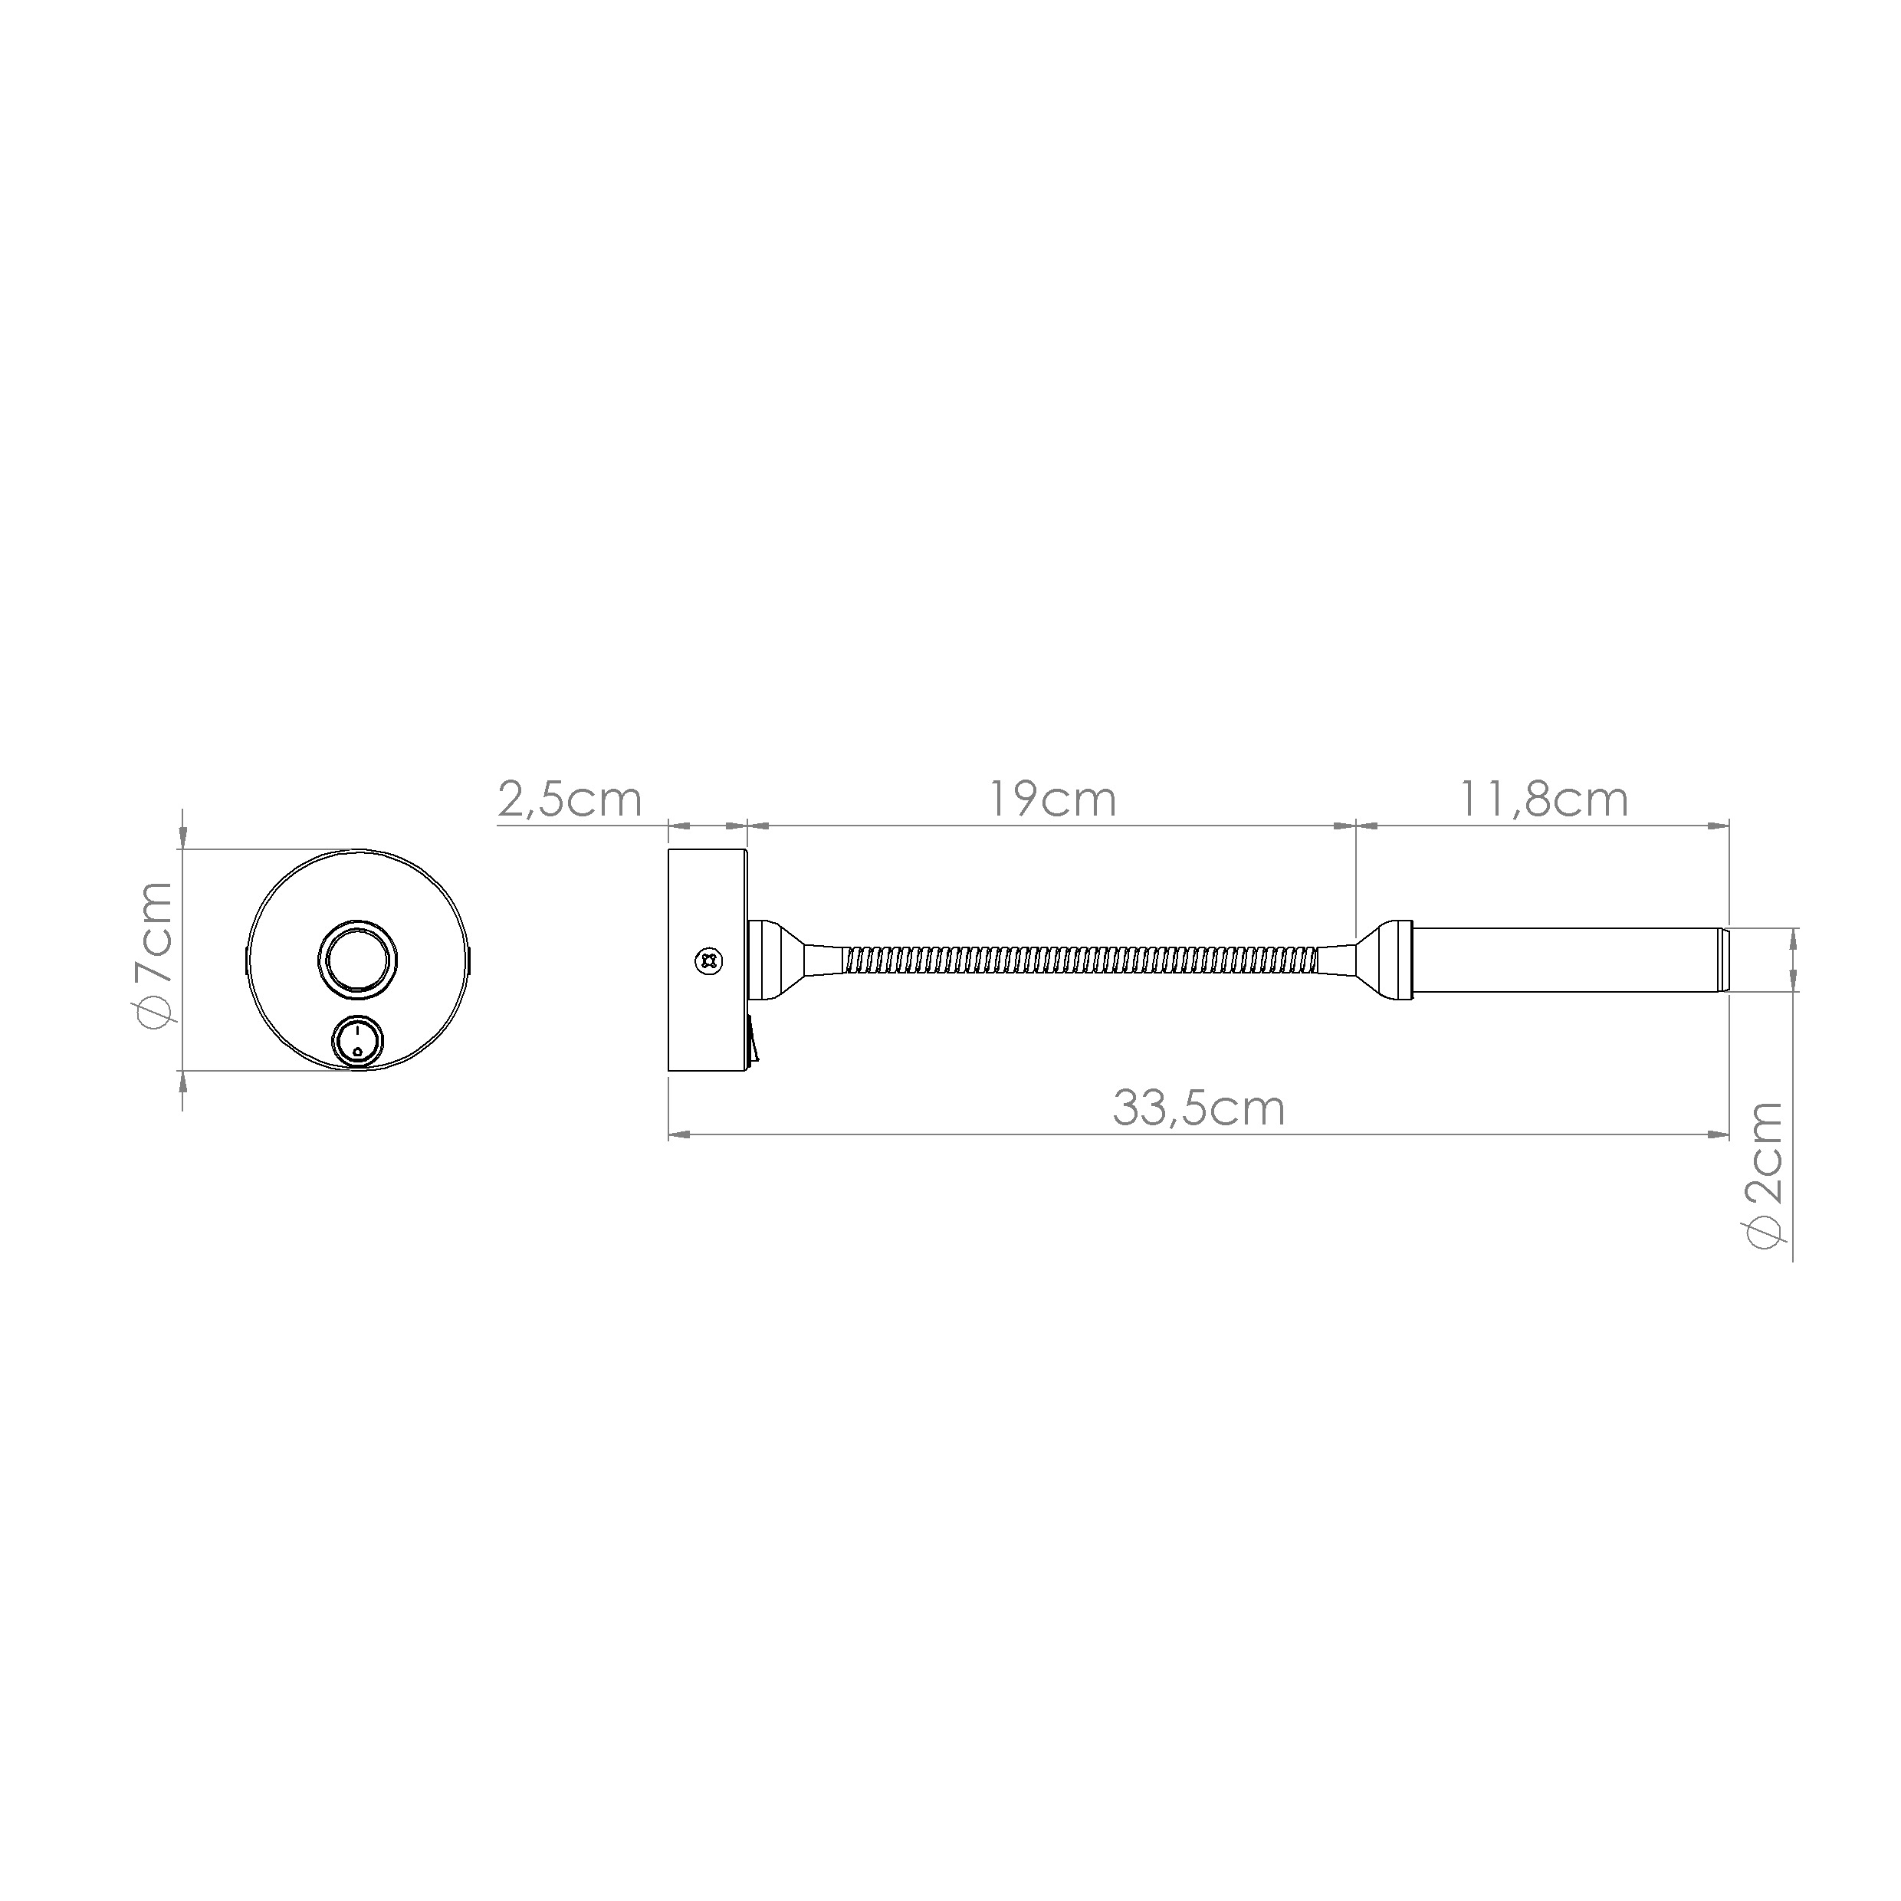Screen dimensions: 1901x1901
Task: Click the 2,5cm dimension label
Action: coord(570,799)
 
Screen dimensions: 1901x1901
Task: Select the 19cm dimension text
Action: coord(1052,799)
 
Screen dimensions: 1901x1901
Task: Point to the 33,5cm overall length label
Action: coord(1198,1108)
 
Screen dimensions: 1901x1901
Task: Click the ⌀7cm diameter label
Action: coord(156,955)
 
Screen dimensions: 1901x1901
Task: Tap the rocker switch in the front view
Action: coord(358,1041)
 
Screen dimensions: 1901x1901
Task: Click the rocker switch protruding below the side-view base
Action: coord(753,1041)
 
